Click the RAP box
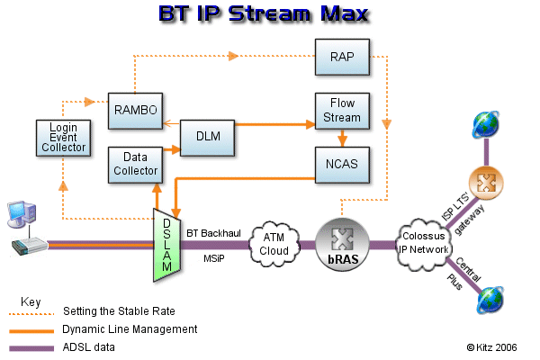(342, 56)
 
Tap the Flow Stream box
(342, 110)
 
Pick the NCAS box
(342, 164)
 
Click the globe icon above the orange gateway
(487, 124)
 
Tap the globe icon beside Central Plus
(491, 299)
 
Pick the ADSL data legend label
(88, 346)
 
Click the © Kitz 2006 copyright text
(492, 346)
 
